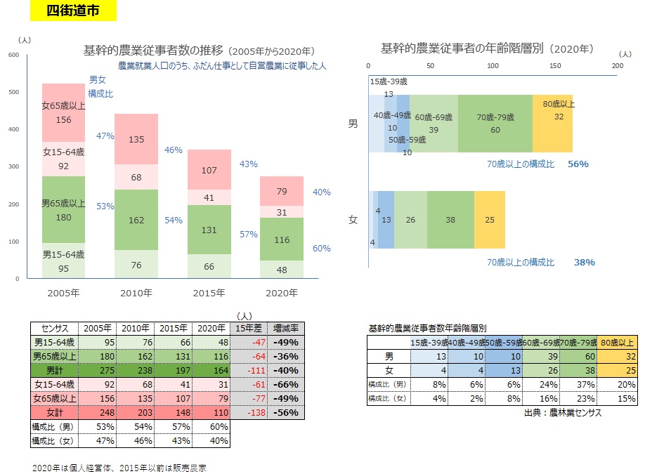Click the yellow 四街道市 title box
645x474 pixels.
pos(73,11)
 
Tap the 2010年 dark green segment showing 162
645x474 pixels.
pos(136,220)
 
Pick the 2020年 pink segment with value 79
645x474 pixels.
pos(281,191)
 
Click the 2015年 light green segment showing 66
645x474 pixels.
pos(209,267)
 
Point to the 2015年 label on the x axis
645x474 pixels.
pos(209,293)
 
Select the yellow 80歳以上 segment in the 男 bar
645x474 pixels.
pos(552,124)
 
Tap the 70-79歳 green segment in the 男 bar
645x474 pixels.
pos(495,124)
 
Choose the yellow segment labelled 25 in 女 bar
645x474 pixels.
pos(490,220)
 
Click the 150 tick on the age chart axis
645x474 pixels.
pos(555,65)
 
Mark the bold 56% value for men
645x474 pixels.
pos(578,164)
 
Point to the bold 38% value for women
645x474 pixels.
pos(585,262)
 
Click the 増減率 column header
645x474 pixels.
pos(287,328)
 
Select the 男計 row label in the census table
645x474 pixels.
pos(54,369)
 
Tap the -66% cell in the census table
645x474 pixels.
pos(287,383)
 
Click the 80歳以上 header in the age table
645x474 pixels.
pos(618,342)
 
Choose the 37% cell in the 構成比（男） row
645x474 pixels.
pos(579,385)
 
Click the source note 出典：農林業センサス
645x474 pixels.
pos(562,413)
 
